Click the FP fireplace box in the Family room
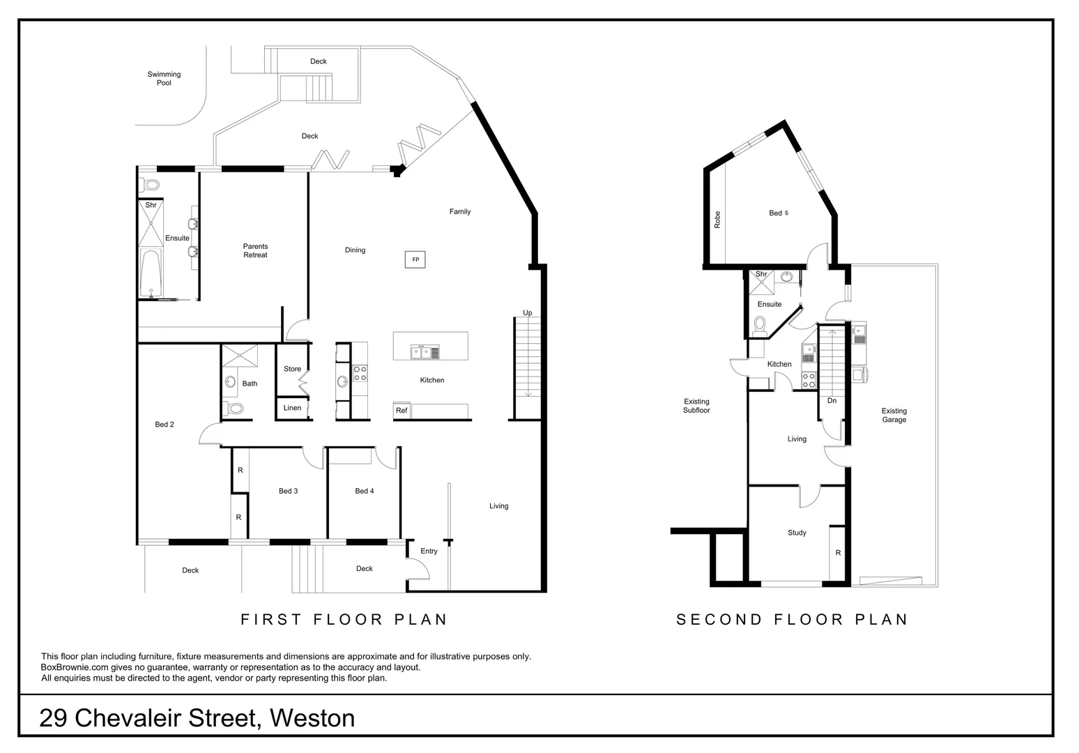coord(415,259)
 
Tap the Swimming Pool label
coord(164,78)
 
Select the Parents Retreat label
coord(255,250)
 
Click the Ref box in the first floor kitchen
coord(401,411)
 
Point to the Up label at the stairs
coord(528,313)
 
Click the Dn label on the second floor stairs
coord(832,401)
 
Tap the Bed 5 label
coord(778,213)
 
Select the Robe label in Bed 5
coord(717,220)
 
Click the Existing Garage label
coord(894,415)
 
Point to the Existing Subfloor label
coord(696,406)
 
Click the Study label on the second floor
coord(797,533)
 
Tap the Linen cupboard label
coord(292,408)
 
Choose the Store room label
coord(292,369)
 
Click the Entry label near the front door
coord(429,551)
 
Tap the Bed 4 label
coord(365,491)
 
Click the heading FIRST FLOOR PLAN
coord(344,619)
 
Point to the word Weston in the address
coord(312,717)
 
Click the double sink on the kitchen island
coord(425,351)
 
